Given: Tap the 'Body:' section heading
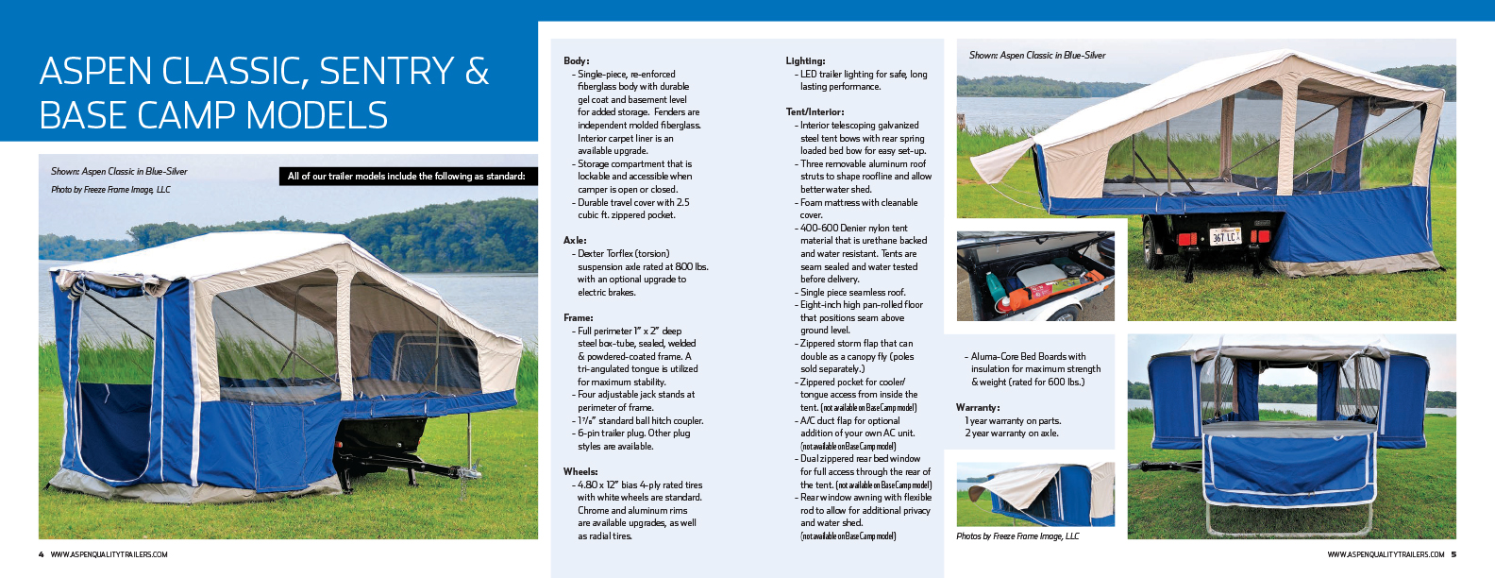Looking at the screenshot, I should (x=576, y=60).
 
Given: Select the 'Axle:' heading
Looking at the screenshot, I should (x=575, y=241).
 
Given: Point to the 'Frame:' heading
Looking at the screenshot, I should (x=578, y=318).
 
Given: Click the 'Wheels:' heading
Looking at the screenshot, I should (x=580, y=471).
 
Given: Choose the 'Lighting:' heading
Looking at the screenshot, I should (x=805, y=60).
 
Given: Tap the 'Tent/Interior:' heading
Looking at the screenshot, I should (x=815, y=111).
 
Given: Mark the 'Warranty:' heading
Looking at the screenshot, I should (x=978, y=408).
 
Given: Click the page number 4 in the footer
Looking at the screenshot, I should (x=42, y=554).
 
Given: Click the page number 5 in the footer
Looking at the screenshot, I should (x=1453, y=554).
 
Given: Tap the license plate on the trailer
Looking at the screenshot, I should (x=1225, y=236).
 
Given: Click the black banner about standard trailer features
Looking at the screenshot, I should (x=406, y=176).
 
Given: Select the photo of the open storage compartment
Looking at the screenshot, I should (x=1035, y=276).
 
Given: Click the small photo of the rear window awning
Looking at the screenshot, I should (x=1035, y=494).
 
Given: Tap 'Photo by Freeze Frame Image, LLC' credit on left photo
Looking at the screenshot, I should (x=110, y=190).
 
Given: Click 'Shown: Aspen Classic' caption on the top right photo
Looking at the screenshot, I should (x=1037, y=56).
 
